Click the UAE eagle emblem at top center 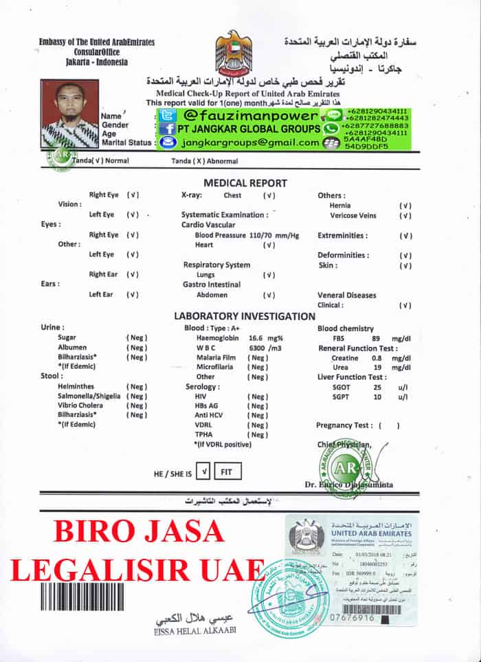point(234,50)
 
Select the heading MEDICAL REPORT point(245,183)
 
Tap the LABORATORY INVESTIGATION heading point(244,317)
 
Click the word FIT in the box point(227,472)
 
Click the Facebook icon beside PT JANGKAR point(167,129)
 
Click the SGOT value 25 point(377,387)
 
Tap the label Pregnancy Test point(344,425)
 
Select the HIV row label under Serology point(201,397)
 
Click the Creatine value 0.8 point(377,358)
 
